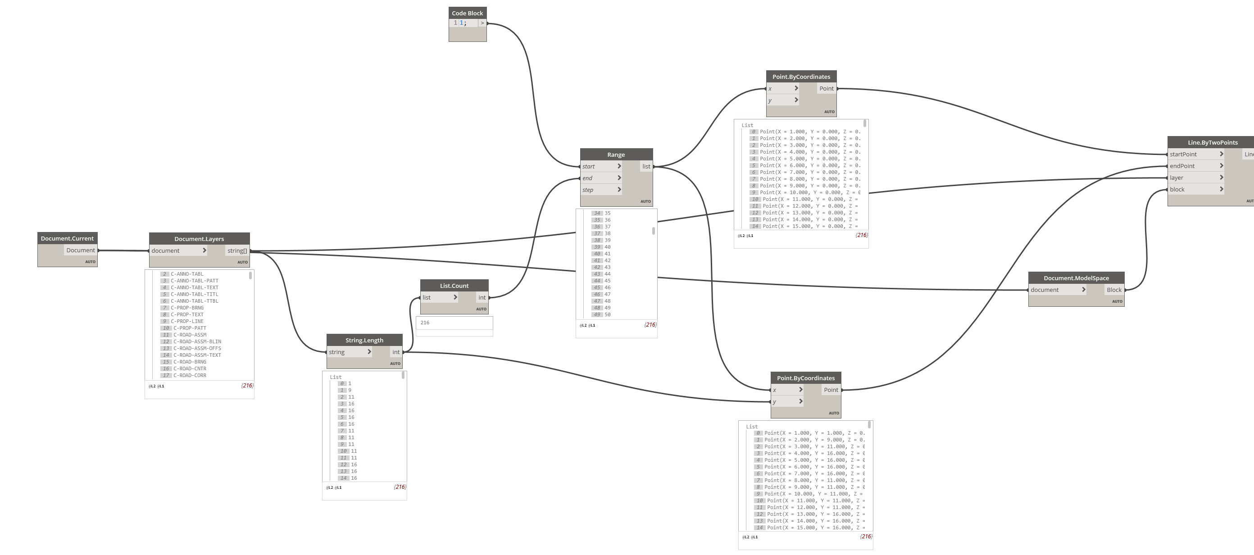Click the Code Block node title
click(468, 13)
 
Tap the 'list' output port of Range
click(646, 167)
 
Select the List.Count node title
click(454, 286)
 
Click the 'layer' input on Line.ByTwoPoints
click(1195, 177)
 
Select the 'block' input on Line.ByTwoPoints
click(1195, 189)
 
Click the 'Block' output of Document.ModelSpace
click(1114, 290)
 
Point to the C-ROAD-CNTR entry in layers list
click(190, 368)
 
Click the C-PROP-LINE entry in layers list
click(187, 321)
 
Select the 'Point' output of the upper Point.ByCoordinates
click(826, 89)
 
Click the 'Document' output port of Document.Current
click(80, 250)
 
